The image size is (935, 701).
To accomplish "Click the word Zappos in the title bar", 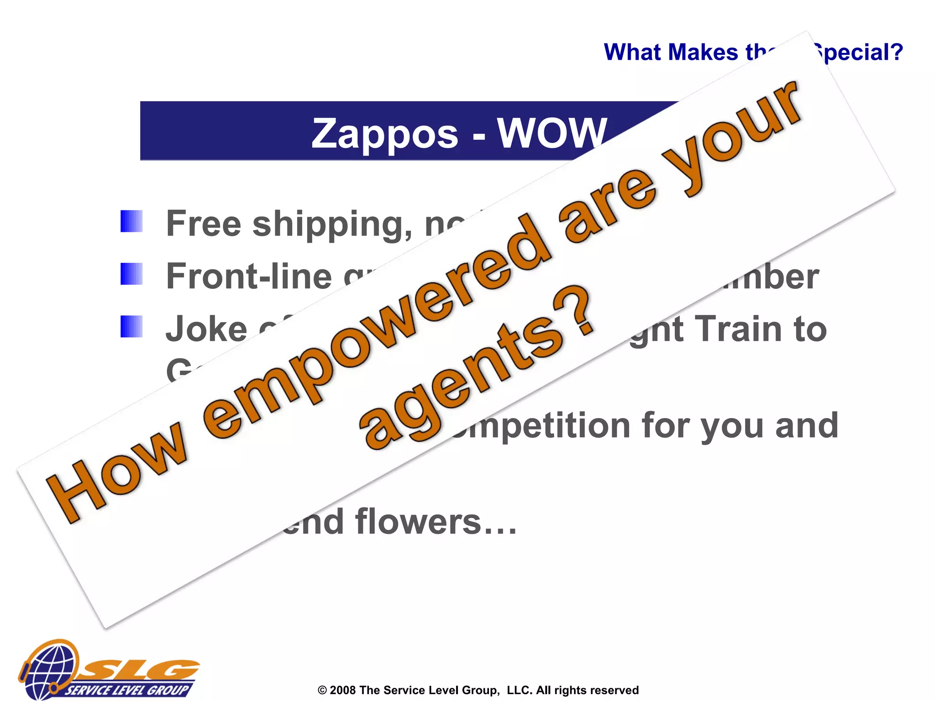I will (x=384, y=134).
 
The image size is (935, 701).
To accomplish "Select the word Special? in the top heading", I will (x=858, y=52).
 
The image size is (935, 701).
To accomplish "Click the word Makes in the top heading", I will (x=703, y=52).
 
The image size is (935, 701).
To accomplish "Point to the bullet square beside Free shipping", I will (x=131, y=221).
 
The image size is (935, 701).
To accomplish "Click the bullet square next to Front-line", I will (x=131, y=274).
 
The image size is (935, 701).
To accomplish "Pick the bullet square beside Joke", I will (x=131, y=326).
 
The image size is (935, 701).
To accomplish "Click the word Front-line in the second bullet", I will (x=249, y=277).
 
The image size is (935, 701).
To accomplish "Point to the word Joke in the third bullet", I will (x=206, y=329).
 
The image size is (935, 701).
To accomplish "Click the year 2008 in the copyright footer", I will (x=342, y=690).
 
